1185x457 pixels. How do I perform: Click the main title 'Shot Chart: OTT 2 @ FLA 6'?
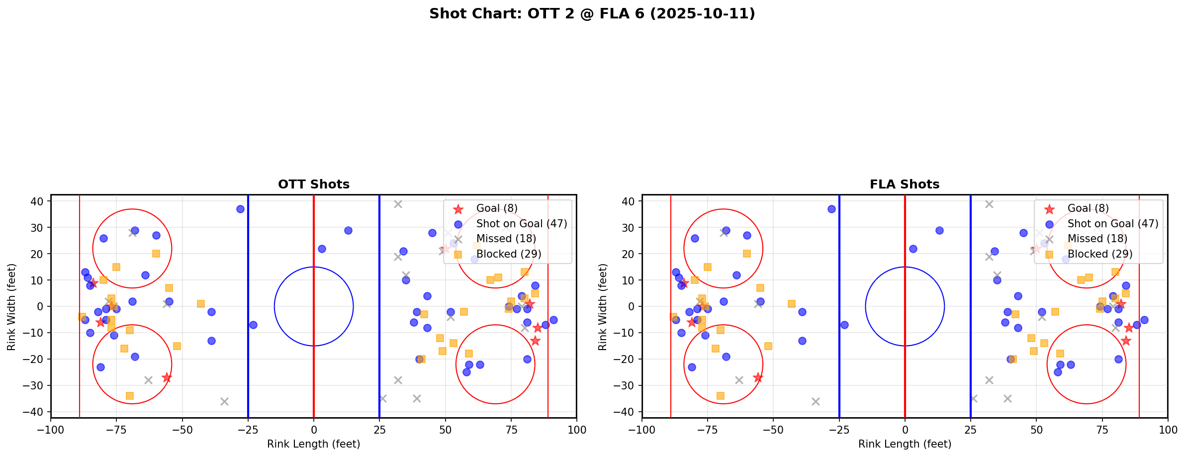point(592,14)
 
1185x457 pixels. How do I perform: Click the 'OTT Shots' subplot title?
point(313,184)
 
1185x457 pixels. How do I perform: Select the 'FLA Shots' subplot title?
point(904,184)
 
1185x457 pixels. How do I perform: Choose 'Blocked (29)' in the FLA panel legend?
point(1099,254)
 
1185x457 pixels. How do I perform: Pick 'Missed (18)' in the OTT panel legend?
point(506,239)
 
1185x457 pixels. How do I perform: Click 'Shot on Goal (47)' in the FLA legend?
point(1112,224)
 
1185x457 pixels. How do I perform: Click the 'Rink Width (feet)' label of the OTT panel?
point(12,306)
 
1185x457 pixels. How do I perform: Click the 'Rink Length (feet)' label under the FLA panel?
point(904,444)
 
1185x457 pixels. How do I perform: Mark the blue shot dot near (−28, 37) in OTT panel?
point(240,209)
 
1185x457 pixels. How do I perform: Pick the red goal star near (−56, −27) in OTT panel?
point(167,378)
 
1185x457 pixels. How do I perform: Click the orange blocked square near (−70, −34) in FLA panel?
point(721,396)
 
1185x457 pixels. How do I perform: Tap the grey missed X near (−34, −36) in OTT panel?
point(224,401)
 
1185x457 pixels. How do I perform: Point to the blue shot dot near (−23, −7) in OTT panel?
point(253,325)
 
